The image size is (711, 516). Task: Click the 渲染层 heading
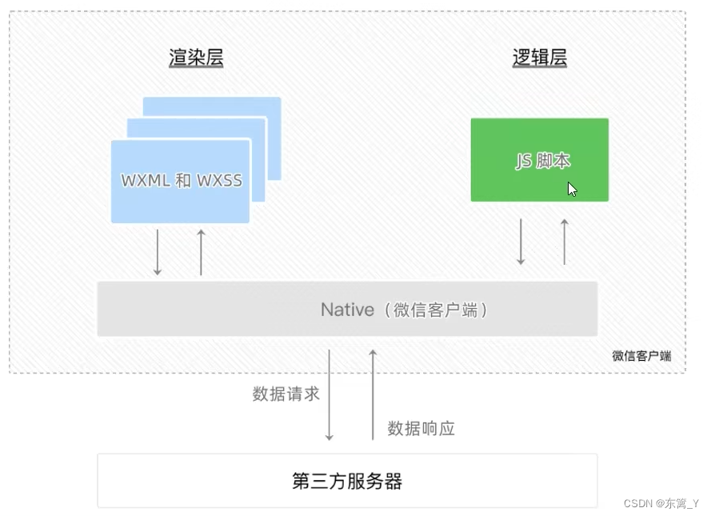[x=196, y=58]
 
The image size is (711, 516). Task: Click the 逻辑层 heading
[x=540, y=58]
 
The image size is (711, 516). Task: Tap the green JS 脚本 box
[x=539, y=160]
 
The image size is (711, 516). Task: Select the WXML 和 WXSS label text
[x=182, y=180]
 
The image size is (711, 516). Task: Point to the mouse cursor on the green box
[x=572, y=190]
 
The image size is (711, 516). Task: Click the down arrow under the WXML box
[x=158, y=252]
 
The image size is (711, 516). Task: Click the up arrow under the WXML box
[x=201, y=252]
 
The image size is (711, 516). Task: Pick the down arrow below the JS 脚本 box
[x=521, y=241]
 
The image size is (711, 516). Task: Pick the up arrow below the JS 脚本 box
[x=565, y=241]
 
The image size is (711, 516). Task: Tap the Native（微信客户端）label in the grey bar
[x=404, y=310]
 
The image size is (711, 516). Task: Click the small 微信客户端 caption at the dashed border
[x=641, y=356]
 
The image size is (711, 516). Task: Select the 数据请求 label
[x=286, y=394]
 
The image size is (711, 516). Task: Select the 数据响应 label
[x=421, y=428]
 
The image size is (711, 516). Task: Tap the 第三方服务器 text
[x=346, y=481]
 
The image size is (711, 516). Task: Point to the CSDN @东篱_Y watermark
[x=661, y=503]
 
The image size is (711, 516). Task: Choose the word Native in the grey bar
[x=347, y=310]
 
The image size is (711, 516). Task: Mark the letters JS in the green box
[x=523, y=161]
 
